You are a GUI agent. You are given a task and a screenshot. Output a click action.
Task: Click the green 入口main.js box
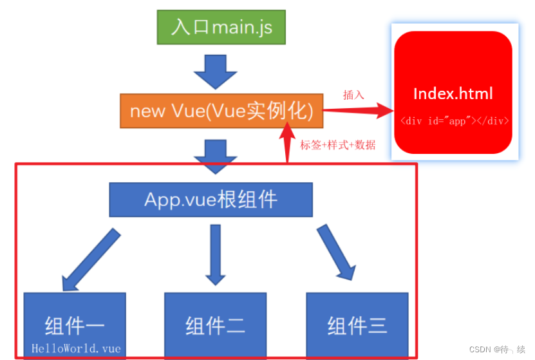point(221,27)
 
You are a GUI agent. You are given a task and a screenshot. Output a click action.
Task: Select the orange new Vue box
point(221,111)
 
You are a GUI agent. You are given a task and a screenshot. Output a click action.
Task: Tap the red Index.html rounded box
point(453,92)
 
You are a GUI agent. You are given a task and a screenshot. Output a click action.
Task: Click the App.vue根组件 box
point(211,199)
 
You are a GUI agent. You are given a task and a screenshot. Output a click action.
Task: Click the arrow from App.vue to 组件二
point(215,254)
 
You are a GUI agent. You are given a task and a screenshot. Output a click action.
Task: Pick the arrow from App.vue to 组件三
point(337,252)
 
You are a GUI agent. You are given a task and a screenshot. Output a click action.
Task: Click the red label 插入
point(353,95)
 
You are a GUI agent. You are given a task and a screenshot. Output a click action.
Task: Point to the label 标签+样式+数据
point(337,145)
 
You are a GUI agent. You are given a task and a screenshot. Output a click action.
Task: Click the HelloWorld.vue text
point(76,348)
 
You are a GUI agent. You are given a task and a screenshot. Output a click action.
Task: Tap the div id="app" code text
point(454,120)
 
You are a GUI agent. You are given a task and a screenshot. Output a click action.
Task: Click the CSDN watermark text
point(497,349)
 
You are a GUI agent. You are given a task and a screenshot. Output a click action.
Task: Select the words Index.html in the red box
point(453,93)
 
